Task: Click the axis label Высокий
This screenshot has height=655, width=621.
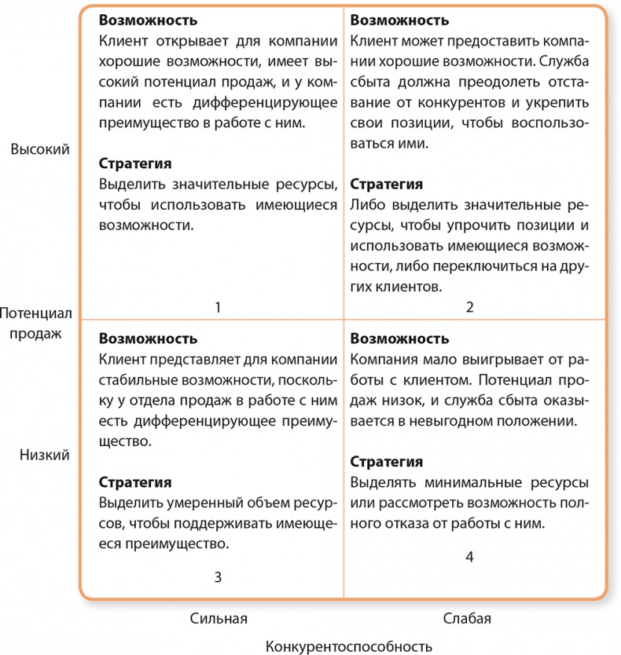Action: tap(40, 149)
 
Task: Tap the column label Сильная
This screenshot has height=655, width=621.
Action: tap(219, 618)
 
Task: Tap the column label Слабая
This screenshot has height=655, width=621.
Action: tap(467, 618)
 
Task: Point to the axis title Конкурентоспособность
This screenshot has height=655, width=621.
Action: tap(349, 646)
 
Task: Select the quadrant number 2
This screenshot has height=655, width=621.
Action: tap(469, 307)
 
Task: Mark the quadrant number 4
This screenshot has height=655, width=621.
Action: tap(469, 557)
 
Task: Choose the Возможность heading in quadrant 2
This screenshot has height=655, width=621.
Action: tap(399, 20)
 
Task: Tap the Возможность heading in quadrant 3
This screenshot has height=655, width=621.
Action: tap(148, 339)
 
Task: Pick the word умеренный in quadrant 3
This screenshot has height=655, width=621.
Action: tap(195, 503)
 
